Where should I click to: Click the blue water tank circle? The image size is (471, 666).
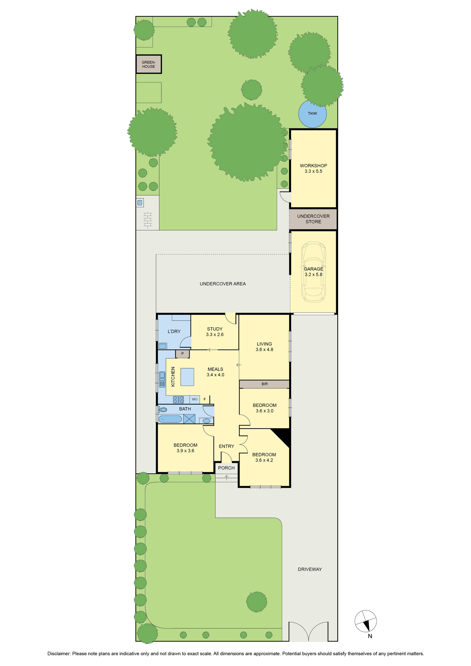coord(312,114)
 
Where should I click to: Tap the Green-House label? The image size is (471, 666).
coord(149,64)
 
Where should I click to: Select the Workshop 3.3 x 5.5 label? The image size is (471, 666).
coord(313,168)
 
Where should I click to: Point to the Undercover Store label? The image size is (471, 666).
coord(313,219)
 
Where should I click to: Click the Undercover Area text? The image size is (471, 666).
coord(223,284)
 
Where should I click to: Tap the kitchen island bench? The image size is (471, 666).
coord(187,377)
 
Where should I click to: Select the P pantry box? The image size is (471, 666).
coord(183,354)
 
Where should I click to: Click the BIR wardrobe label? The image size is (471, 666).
coord(264,384)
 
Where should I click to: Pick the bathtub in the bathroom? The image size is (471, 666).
coord(170,419)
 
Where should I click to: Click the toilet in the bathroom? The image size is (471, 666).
coord(163,409)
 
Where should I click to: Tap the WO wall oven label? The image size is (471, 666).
coord(195,399)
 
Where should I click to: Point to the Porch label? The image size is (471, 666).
coord(227,468)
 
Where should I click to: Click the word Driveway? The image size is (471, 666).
coord(310,569)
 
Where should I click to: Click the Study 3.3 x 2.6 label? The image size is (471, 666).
coord(215,332)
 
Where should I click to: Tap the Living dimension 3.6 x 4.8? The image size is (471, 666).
coord(264,350)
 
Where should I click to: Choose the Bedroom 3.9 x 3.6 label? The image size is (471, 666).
coord(186,448)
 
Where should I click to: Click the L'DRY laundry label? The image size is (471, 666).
coord(174,331)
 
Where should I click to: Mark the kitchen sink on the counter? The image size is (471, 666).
coord(162,379)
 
